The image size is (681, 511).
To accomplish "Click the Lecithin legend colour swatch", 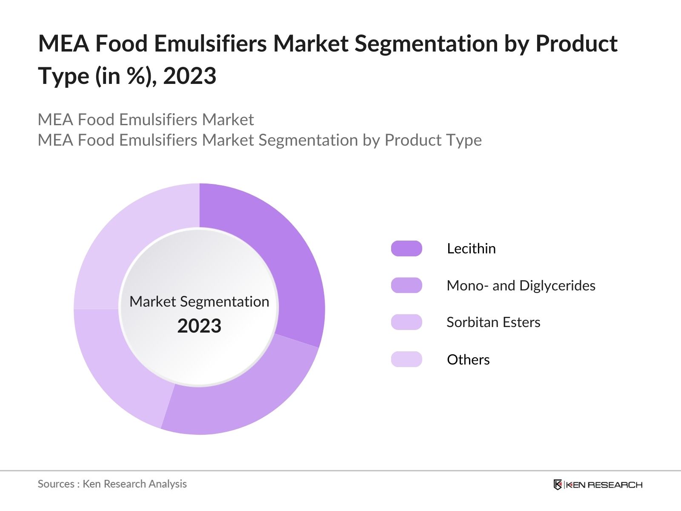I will [406, 248].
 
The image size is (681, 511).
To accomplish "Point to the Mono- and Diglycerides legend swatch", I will [406, 285].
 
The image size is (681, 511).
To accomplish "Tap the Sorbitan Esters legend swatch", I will [406, 322].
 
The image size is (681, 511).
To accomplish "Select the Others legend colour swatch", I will [406, 359].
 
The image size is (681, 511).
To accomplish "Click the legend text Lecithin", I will [471, 248].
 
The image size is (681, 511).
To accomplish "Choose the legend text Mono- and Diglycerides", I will [521, 285].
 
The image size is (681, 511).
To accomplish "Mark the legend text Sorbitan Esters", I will [493, 322].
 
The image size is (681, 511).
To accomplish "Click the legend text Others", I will [468, 359].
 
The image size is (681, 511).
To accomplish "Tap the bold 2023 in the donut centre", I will [199, 326].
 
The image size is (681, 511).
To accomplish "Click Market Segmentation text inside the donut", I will [199, 301].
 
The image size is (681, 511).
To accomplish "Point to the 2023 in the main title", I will [190, 76].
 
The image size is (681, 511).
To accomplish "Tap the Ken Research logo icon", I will [558, 485].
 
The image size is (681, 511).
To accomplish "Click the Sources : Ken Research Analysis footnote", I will [112, 484].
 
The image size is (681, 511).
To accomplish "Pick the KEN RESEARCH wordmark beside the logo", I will [604, 485].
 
